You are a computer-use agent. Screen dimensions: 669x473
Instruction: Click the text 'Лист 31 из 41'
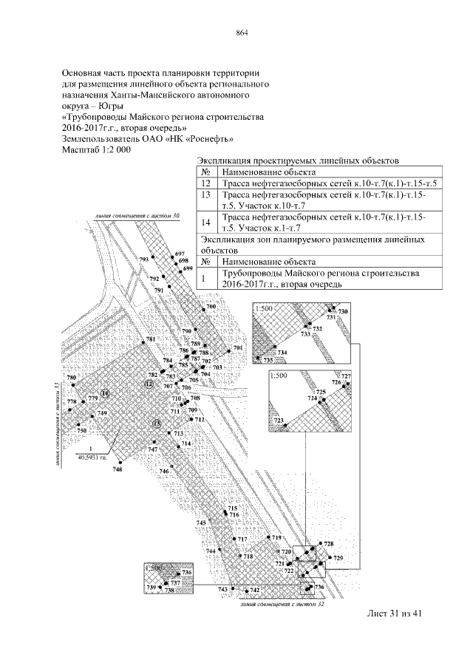tap(392, 613)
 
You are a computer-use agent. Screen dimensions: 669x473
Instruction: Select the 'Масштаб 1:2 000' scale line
tap(98, 149)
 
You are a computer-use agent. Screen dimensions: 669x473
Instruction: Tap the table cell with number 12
tap(206, 183)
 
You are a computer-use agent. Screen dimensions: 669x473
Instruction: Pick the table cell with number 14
tap(206, 221)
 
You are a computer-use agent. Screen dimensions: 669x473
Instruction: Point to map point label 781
tap(150, 339)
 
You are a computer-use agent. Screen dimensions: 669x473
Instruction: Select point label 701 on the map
tap(237, 348)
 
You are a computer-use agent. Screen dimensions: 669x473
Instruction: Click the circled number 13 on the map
tap(156, 423)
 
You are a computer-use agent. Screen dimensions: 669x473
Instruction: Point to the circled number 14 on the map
tap(104, 393)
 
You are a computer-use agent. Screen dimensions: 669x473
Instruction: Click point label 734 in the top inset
tap(282, 353)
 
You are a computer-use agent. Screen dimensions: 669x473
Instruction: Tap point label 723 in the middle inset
tap(279, 421)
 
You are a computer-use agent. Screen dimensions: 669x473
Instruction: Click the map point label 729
tap(338, 557)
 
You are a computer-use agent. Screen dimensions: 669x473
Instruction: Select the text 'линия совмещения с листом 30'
tap(137, 216)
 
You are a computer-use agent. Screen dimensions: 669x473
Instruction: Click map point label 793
tap(143, 259)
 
